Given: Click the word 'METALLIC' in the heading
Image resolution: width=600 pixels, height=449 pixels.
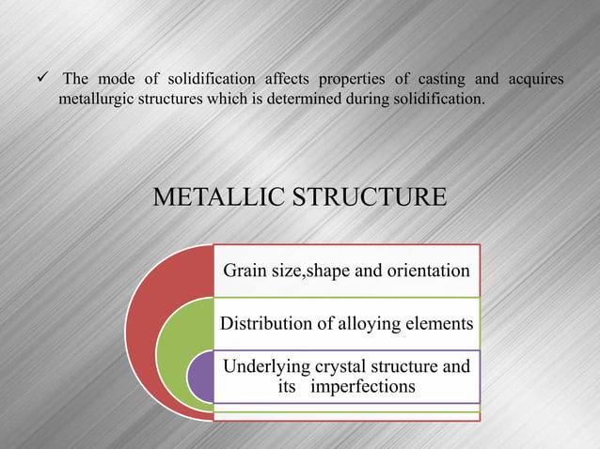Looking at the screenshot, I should pyautogui.click(x=213, y=198).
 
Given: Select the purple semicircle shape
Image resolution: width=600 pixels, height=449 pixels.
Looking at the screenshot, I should pyautogui.click(x=199, y=376).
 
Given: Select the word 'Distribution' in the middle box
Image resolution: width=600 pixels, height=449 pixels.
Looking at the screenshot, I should pyautogui.click(x=264, y=324).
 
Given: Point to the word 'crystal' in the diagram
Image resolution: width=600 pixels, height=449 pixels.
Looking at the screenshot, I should pyautogui.click(x=343, y=366).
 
